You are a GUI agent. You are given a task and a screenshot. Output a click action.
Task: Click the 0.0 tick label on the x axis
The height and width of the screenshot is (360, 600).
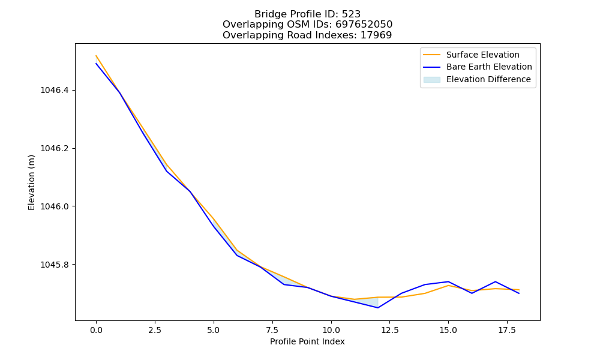pyautogui.click(x=96, y=330)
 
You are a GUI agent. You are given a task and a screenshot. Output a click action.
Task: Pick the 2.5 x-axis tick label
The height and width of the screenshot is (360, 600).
pyautogui.click(x=155, y=330)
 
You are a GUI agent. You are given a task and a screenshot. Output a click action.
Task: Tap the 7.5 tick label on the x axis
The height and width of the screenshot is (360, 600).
pyautogui.click(x=272, y=330)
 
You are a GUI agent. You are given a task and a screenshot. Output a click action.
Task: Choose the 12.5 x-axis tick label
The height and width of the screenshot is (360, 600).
pyautogui.click(x=389, y=330)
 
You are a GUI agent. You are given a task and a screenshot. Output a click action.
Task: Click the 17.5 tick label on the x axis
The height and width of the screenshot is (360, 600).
pyautogui.click(x=507, y=330)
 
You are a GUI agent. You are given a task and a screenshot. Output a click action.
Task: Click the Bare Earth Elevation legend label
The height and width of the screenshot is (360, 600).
pyautogui.click(x=489, y=67)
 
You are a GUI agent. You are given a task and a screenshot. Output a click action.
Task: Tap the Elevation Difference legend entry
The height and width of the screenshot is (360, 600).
pyautogui.click(x=488, y=80)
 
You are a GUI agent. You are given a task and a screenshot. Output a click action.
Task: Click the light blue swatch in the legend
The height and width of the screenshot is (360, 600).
pyautogui.click(x=431, y=80)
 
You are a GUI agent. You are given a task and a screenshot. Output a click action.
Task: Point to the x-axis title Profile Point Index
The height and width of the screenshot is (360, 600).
pyautogui.click(x=307, y=341)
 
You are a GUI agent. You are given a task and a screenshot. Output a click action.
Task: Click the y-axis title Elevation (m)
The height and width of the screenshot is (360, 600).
pyautogui.click(x=31, y=182)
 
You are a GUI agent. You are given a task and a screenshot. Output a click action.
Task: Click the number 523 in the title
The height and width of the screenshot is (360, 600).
pyautogui.click(x=351, y=14)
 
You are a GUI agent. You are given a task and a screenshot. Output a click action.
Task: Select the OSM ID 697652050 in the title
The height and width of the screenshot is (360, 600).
pyautogui.click(x=364, y=25)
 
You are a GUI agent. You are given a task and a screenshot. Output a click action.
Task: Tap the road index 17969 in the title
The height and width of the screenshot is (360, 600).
pyautogui.click(x=376, y=35)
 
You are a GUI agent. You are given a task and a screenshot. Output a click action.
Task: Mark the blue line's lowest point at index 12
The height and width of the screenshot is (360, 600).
pyautogui.click(x=378, y=308)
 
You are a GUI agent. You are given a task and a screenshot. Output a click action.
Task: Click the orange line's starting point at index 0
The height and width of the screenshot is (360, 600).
pyautogui.click(x=96, y=56)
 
